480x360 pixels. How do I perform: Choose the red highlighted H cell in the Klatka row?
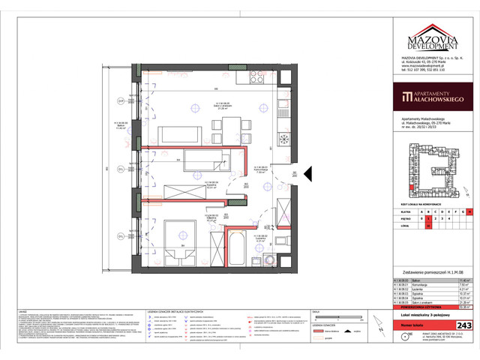[470, 214]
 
